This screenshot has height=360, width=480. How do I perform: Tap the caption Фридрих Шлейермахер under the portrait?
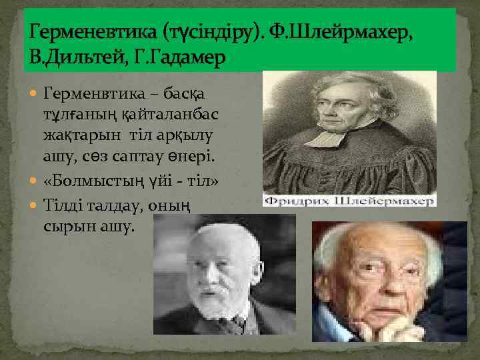(x=349, y=200)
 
